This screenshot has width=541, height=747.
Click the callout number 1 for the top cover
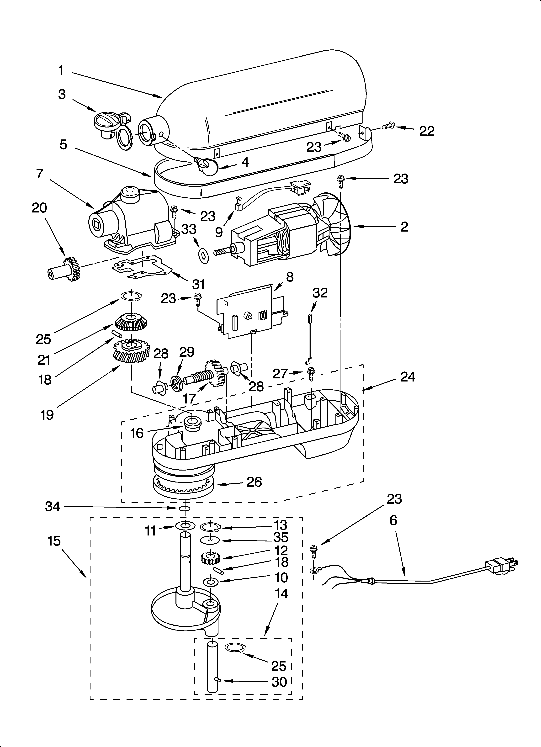click(61, 70)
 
